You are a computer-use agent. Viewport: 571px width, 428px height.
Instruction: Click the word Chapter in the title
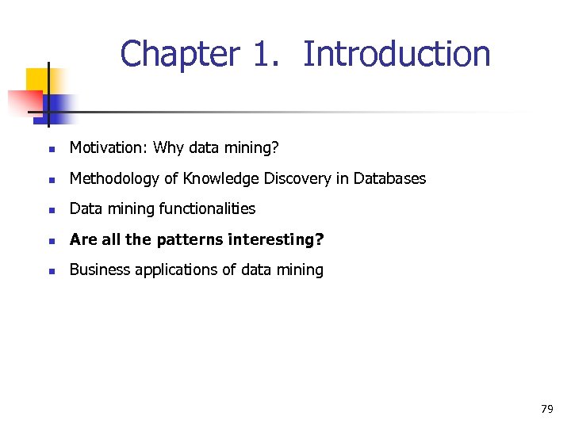point(179,55)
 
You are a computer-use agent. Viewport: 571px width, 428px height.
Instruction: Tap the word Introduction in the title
point(397,55)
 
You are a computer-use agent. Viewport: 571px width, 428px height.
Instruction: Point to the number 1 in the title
point(265,55)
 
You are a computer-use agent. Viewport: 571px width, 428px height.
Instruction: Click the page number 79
point(546,409)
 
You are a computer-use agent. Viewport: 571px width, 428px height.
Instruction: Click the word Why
point(167,147)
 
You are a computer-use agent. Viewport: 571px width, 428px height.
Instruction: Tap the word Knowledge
point(220,178)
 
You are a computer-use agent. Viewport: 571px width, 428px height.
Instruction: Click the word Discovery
point(297,178)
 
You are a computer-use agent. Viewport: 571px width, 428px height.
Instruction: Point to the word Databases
point(389,178)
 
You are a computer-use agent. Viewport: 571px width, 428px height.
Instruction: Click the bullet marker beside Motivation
point(50,148)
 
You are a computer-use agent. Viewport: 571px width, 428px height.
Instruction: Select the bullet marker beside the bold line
point(50,240)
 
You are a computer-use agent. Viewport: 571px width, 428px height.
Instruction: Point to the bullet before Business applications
point(50,270)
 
